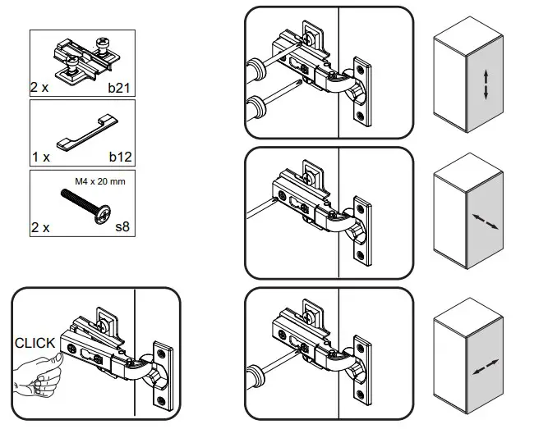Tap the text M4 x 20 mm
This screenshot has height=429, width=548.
tap(99, 181)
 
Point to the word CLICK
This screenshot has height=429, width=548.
tap(35, 343)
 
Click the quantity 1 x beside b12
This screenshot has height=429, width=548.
tap(41, 154)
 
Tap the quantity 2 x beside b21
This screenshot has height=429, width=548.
tap(41, 86)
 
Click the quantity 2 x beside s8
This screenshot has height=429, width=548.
tap(41, 227)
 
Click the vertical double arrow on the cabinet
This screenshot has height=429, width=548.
tap(486, 84)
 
